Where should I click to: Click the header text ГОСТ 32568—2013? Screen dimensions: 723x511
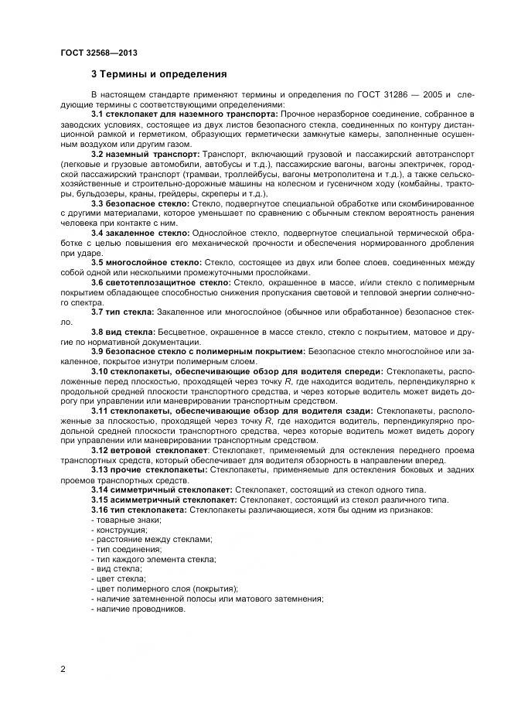coord(94,53)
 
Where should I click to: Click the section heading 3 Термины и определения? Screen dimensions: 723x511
coord(158,75)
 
